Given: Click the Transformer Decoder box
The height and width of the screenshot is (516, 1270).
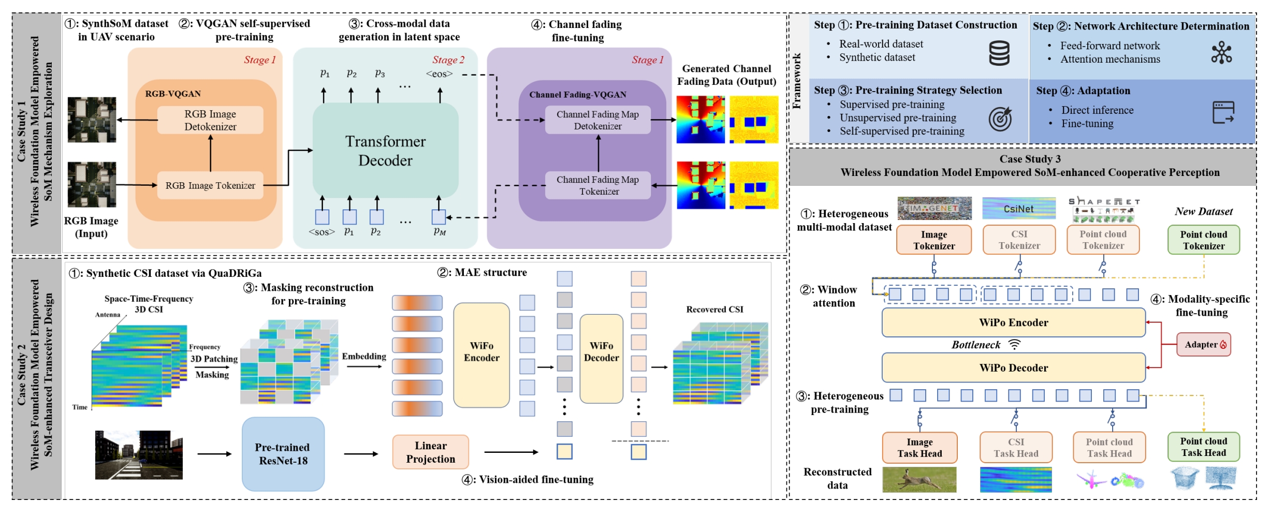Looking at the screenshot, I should tap(385, 150).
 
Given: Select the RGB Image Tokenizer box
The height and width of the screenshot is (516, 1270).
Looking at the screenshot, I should tap(210, 185).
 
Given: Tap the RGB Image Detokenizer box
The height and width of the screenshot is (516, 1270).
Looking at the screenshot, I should tap(210, 120).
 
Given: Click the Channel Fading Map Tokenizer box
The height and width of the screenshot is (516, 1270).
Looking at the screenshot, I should tap(598, 185).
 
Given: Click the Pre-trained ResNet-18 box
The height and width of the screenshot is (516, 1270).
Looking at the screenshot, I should tap(283, 454).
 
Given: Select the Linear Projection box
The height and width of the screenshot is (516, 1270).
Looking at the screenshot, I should tap(431, 452).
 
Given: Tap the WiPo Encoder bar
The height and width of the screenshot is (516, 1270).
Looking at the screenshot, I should tap(1013, 322).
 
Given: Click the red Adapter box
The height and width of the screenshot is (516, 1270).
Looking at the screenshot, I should tap(1204, 345).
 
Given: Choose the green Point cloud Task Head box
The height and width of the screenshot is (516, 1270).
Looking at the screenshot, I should tap(1203, 447).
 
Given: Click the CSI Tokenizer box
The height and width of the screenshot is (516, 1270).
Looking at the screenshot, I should tap(1019, 240).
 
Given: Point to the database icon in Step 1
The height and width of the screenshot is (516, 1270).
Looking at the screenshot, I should tap(999, 53).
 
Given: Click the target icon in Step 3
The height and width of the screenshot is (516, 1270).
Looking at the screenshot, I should tap(1000, 119).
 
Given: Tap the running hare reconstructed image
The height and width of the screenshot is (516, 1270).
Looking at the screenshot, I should tap(919, 479).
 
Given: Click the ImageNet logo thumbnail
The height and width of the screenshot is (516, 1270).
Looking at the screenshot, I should tap(934, 208).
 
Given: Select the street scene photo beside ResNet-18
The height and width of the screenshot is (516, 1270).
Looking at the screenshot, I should tap(139, 455).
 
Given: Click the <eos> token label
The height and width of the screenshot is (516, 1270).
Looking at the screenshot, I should tap(439, 74).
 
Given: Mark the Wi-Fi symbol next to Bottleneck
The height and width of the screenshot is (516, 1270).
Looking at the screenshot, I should tap(1015, 345).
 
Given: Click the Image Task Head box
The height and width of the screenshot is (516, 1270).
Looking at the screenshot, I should tap(919, 448).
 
